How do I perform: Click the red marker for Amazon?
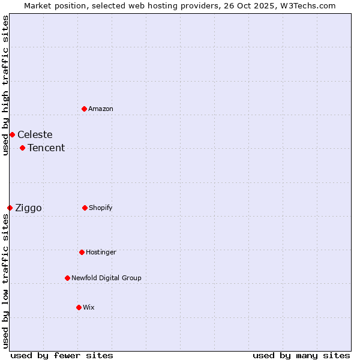[84, 109]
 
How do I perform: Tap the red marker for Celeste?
[12, 134]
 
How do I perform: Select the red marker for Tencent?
[22, 148]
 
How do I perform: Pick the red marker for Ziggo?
[10, 208]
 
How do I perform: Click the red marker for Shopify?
[85, 208]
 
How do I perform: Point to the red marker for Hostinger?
[82, 252]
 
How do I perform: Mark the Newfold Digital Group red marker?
[67, 278]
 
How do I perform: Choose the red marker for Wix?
[79, 307]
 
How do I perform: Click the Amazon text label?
[101, 109]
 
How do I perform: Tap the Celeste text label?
[35, 134]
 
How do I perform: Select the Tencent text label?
[46, 148]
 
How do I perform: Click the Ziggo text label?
[28, 208]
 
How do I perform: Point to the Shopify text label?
[101, 208]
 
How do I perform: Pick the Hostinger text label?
[101, 252]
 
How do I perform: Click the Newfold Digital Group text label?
[106, 278]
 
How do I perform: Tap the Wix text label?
[89, 307]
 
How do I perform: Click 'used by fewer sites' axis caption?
[62, 355]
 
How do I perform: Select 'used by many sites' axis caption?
[301, 355]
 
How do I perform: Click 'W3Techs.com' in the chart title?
[310, 5]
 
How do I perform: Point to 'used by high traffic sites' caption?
[5, 85]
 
